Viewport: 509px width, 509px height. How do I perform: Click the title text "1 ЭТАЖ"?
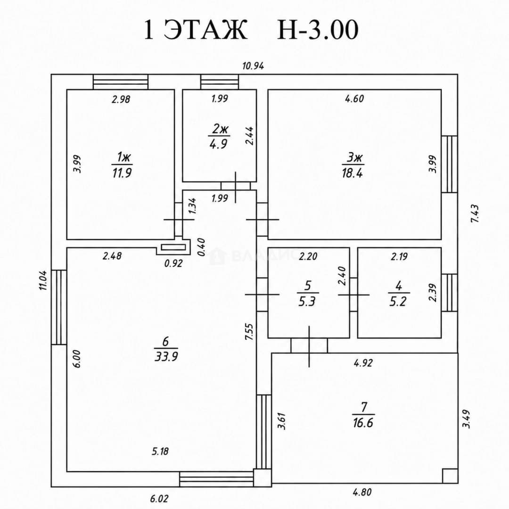point(195,30)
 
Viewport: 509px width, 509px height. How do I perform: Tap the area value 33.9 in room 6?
point(166,357)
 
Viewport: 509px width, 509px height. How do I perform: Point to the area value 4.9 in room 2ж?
point(219,144)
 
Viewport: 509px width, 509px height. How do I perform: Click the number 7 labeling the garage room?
point(364,407)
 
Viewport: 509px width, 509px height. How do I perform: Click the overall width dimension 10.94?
point(253,66)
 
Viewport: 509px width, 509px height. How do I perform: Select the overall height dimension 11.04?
point(43,280)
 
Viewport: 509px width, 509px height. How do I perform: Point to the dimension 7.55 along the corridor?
point(249,331)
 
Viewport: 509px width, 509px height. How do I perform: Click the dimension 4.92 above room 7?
point(363,363)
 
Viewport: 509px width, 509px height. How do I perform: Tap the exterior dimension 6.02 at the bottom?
point(159,499)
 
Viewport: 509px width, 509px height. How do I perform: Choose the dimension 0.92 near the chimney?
point(173,263)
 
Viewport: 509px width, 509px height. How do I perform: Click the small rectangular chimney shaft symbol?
point(173,247)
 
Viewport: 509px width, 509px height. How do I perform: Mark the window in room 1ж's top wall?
point(121,82)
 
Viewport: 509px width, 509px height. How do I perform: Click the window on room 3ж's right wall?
point(450,164)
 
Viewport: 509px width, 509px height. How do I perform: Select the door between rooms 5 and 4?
point(353,295)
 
